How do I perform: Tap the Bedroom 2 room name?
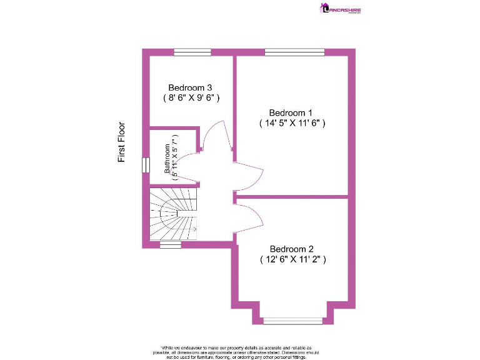(x=292, y=248)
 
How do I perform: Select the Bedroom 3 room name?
(x=191, y=87)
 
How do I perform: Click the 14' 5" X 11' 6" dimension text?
(x=292, y=123)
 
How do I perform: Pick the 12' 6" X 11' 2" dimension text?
(x=292, y=259)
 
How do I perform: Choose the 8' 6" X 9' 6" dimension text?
(x=191, y=98)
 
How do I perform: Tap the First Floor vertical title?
(x=122, y=142)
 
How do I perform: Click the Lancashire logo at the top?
(x=341, y=9)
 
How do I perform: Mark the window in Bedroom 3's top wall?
(x=192, y=52)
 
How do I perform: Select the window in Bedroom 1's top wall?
(x=294, y=52)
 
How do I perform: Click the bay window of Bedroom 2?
(x=292, y=321)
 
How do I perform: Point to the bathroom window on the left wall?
(x=146, y=164)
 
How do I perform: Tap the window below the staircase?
(x=170, y=245)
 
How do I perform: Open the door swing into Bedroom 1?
(x=248, y=176)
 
